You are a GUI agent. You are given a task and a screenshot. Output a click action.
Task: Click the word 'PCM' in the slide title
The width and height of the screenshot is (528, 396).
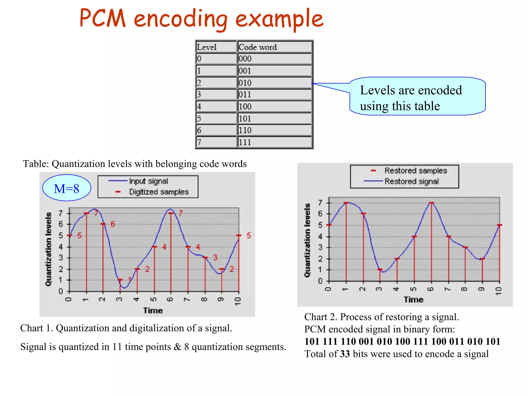pos(103,19)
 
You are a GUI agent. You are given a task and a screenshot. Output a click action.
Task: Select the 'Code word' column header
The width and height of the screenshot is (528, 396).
pos(258,47)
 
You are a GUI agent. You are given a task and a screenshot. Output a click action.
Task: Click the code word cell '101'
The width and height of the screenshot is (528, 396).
pos(245,119)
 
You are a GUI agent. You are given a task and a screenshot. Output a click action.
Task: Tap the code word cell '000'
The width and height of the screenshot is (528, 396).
pos(245,59)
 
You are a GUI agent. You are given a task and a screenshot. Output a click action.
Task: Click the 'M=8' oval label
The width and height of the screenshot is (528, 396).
pos(67,188)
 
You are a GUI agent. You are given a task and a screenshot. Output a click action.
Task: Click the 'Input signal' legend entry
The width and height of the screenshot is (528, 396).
pos(148,181)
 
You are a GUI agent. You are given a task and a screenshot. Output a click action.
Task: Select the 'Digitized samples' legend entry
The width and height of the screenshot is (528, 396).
pos(159,192)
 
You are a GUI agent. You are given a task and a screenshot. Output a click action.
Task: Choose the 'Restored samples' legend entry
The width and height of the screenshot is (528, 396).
pos(416,171)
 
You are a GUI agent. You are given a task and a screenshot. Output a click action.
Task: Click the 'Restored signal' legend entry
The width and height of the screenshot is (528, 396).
pos(411,181)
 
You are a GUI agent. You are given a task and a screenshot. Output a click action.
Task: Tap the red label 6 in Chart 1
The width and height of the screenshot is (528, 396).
pos(113,224)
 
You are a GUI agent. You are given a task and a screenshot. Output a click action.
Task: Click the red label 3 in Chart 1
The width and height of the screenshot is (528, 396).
pos(215,258)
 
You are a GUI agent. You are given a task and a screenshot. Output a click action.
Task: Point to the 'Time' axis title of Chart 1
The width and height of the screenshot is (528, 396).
pos(153,310)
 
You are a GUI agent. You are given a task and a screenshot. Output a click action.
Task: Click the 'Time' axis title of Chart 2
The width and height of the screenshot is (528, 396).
pos(413,300)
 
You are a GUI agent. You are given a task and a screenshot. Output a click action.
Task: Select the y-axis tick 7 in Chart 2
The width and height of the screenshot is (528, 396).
pos(320,203)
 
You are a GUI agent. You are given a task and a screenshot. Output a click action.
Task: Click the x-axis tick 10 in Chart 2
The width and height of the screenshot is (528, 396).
pos(499,291)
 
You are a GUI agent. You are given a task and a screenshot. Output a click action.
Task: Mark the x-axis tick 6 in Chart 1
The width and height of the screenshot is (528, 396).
pos(170,299)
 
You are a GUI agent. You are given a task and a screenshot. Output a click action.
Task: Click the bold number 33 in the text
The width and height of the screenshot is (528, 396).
pos(345,354)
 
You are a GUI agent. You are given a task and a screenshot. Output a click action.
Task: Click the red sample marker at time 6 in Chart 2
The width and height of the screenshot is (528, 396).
pos(431,203)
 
